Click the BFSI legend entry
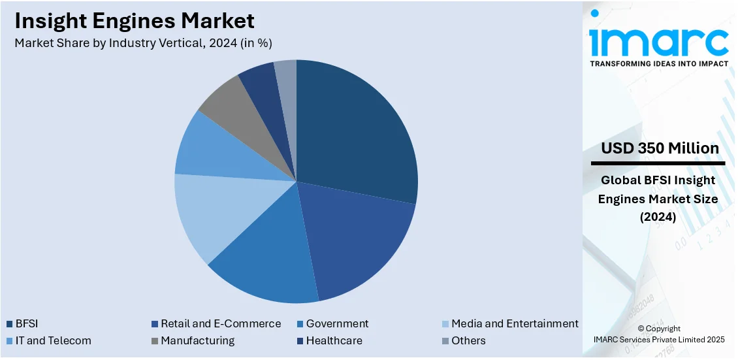[26, 323]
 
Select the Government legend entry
[337, 323]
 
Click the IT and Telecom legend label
[53, 340]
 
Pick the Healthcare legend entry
[334, 340]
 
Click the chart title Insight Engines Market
[135, 21]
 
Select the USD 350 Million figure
[660, 148]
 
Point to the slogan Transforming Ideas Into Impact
[658, 63]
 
